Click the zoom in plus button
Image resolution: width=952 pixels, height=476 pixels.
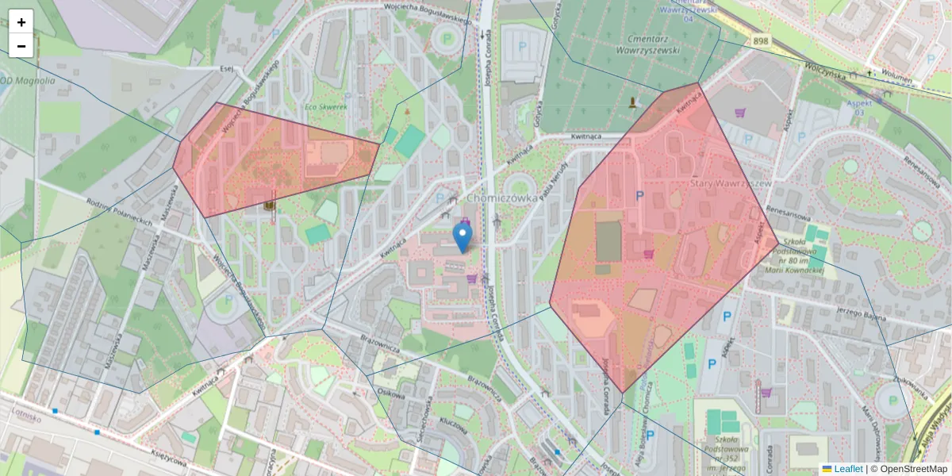point(21,22)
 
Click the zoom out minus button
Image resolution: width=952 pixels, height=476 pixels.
point(21,46)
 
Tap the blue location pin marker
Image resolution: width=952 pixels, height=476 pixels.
point(462,237)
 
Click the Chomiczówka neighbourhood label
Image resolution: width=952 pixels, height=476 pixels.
point(503,198)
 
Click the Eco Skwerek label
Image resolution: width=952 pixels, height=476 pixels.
point(326,106)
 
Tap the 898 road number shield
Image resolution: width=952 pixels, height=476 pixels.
point(761,40)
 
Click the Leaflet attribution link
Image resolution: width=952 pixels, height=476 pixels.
point(848,469)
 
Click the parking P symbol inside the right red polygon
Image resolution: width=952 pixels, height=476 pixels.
point(639,195)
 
